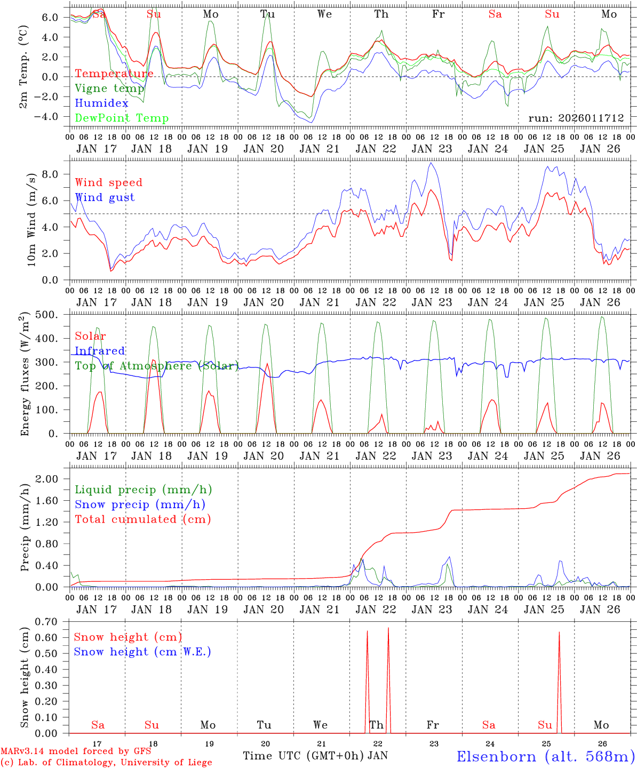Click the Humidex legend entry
(x=102, y=103)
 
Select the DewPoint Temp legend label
(x=122, y=118)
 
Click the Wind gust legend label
(x=105, y=197)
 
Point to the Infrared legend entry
(x=100, y=351)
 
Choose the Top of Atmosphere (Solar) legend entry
(x=157, y=366)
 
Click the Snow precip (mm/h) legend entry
(x=140, y=505)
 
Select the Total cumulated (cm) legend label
(x=142, y=519)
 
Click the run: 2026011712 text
(x=576, y=118)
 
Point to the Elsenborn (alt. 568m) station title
(x=545, y=756)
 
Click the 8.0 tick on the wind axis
(x=57, y=174)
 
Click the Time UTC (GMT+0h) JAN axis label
(x=315, y=756)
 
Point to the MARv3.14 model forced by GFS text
(x=76, y=751)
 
